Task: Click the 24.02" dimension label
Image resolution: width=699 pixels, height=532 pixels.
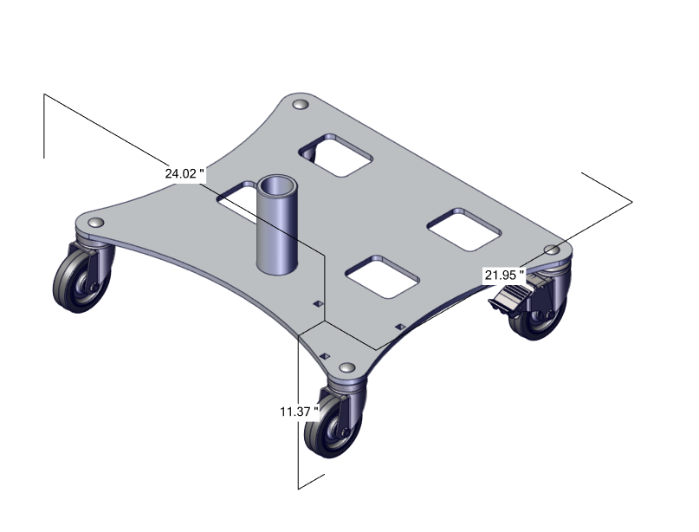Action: pos(184,173)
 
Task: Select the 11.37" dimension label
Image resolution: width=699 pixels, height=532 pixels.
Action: pos(299,412)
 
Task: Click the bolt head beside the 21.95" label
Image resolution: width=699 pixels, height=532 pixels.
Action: pos(553,250)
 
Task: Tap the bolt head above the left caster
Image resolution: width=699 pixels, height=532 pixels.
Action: pos(95,223)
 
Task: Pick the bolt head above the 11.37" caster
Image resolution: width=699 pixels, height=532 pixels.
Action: pos(346,368)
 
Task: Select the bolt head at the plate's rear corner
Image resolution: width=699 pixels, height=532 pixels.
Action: pos(301,105)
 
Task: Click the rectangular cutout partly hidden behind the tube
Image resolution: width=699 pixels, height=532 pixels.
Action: pos(236,201)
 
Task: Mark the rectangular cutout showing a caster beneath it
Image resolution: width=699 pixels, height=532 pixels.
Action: pos(335,155)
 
